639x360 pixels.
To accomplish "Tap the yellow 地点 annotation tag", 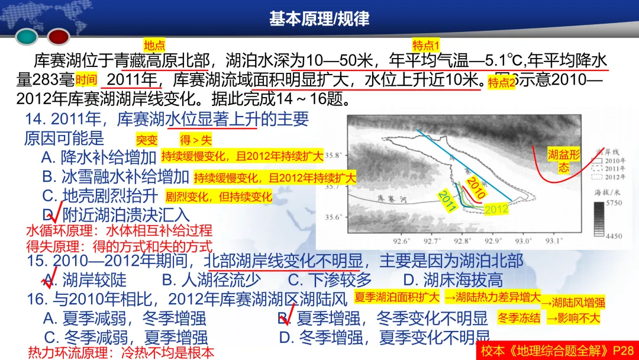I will (154, 45).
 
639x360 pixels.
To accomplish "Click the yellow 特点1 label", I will (426, 46).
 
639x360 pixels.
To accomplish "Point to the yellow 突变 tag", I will (147, 140).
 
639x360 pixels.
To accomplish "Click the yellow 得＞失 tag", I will (195, 140).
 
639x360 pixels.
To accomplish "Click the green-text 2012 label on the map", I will (496, 208).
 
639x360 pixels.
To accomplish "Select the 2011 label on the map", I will (447, 201).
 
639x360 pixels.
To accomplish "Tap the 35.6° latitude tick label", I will (335, 217).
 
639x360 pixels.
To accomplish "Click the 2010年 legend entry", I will (615, 160).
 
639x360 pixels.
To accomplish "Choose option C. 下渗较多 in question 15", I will (330, 279).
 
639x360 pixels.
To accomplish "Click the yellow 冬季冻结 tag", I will (519, 317).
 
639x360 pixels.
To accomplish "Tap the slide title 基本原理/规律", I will (319, 18).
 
